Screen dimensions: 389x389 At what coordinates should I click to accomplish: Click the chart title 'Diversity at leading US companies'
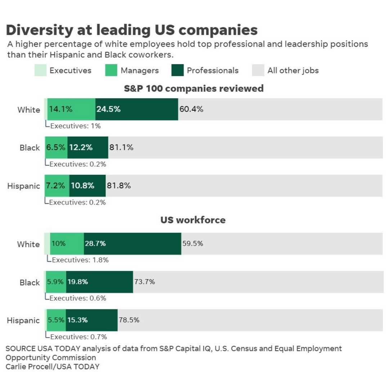click(131, 30)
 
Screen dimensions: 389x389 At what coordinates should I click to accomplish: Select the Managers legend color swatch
click(111, 70)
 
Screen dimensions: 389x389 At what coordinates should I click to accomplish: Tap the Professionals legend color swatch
click(177, 70)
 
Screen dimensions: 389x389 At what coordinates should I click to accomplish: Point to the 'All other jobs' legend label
click(293, 71)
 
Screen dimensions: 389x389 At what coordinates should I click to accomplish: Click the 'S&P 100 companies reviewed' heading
click(194, 88)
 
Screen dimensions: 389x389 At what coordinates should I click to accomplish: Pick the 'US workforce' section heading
click(193, 220)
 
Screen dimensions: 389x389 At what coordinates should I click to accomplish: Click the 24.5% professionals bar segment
click(137, 109)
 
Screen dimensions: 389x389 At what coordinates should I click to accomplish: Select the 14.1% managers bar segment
click(71, 109)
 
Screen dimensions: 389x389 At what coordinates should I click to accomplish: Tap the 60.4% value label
click(191, 109)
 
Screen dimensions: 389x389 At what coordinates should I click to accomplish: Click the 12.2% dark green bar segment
click(88, 147)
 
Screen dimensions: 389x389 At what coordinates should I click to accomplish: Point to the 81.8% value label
click(119, 186)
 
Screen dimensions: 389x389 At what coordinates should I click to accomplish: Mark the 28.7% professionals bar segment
click(133, 243)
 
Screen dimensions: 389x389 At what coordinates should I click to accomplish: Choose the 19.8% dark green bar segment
click(99, 282)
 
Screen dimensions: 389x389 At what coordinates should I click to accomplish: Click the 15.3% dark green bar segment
click(91, 320)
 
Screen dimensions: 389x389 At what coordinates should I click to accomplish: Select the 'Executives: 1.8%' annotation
click(80, 260)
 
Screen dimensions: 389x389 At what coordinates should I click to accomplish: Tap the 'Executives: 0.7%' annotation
click(78, 337)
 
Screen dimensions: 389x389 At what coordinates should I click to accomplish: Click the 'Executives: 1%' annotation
click(75, 126)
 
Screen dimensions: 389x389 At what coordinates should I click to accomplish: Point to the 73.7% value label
click(144, 282)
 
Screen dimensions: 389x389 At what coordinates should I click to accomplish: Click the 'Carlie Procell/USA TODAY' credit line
click(52, 367)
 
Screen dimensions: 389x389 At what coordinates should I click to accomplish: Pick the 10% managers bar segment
click(67, 243)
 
